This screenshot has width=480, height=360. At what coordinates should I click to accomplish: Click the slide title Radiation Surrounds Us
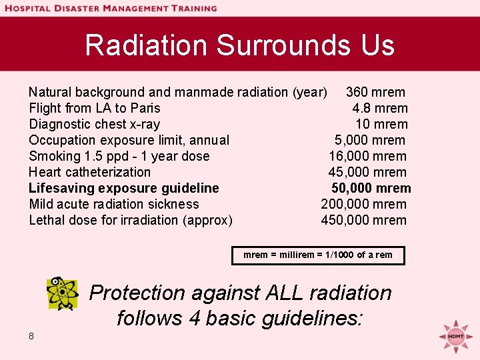point(240,45)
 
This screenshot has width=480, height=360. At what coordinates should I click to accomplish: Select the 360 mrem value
point(375,92)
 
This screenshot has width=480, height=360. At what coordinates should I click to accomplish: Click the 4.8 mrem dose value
point(380,108)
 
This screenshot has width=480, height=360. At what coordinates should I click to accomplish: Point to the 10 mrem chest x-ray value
point(381,124)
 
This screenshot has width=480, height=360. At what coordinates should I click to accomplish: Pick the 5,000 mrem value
point(370,140)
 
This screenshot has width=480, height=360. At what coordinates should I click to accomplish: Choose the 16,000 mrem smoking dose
point(367,156)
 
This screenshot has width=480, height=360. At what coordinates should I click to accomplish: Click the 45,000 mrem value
point(367,172)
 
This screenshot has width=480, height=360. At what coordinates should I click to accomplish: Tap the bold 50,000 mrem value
point(371,188)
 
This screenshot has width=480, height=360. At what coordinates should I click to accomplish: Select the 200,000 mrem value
point(363,204)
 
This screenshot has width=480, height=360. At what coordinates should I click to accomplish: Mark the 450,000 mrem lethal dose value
point(363,220)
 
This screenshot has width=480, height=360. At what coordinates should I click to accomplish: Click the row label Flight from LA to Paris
point(95,108)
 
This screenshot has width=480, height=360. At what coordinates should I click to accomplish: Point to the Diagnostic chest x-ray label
point(95,124)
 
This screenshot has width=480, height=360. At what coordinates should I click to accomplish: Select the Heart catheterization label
point(90,172)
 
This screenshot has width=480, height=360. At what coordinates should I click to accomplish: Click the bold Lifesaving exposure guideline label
point(124,188)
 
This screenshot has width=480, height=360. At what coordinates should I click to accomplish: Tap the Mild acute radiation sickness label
point(114,204)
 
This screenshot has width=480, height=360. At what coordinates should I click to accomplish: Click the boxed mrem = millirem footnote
point(318,255)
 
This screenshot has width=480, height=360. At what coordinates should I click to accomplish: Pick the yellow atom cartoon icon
point(62,294)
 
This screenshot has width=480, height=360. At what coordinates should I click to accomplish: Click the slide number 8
point(31,336)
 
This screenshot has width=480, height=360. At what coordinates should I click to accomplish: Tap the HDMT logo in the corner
point(455,335)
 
